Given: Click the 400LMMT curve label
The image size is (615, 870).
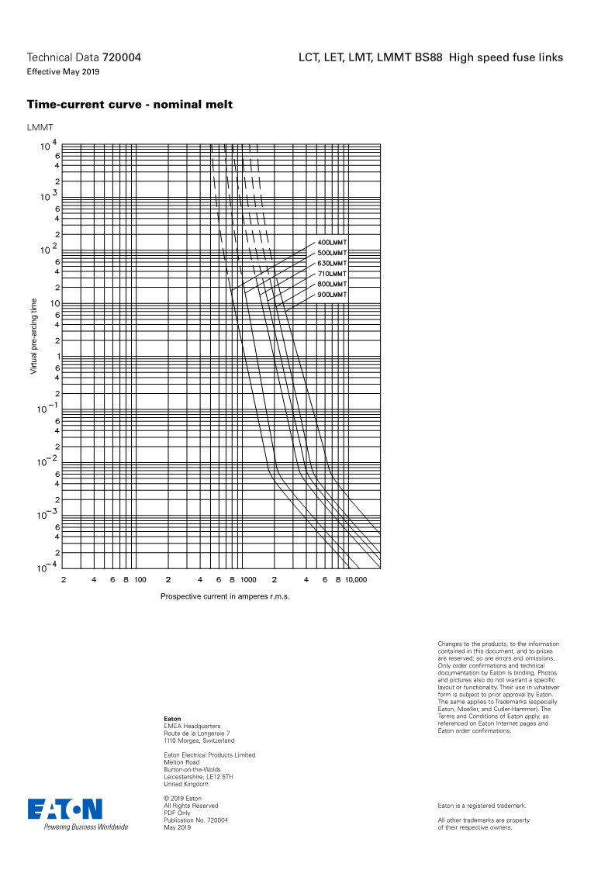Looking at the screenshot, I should click(x=332, y=243).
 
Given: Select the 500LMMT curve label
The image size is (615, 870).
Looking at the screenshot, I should click(x=332, y=253).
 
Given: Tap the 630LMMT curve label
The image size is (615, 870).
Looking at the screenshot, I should click(x=332, y=264).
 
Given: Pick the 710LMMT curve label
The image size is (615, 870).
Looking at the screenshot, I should click(x=332, y=274).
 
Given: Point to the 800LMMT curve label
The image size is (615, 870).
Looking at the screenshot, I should click(x=332, y=285).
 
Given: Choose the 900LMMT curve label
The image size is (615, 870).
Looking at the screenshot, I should click(x=332, y=295).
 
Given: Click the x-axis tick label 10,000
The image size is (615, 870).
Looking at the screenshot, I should click(x=355, y=579).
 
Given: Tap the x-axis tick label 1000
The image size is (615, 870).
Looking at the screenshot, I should click(x=248, y=579).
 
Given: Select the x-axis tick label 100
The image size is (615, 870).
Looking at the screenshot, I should click(x=140, y=579).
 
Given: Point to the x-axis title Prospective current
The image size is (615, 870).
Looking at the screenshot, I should click(x=225, y=596).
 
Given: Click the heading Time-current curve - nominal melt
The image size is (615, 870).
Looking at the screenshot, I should click(x=130, y=105).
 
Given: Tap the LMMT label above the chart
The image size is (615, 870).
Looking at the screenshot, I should click(x=40, y=126).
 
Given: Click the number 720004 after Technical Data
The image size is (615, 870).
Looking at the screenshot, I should click(x=122, y=57).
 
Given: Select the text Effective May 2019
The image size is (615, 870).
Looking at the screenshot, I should click(x=63, y=72).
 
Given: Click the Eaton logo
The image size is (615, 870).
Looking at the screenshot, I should click(x=65, y=809).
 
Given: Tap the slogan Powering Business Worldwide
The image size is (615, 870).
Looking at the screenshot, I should click(x=85, y=827).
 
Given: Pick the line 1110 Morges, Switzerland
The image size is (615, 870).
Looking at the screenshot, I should click(x=199, y=741).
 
